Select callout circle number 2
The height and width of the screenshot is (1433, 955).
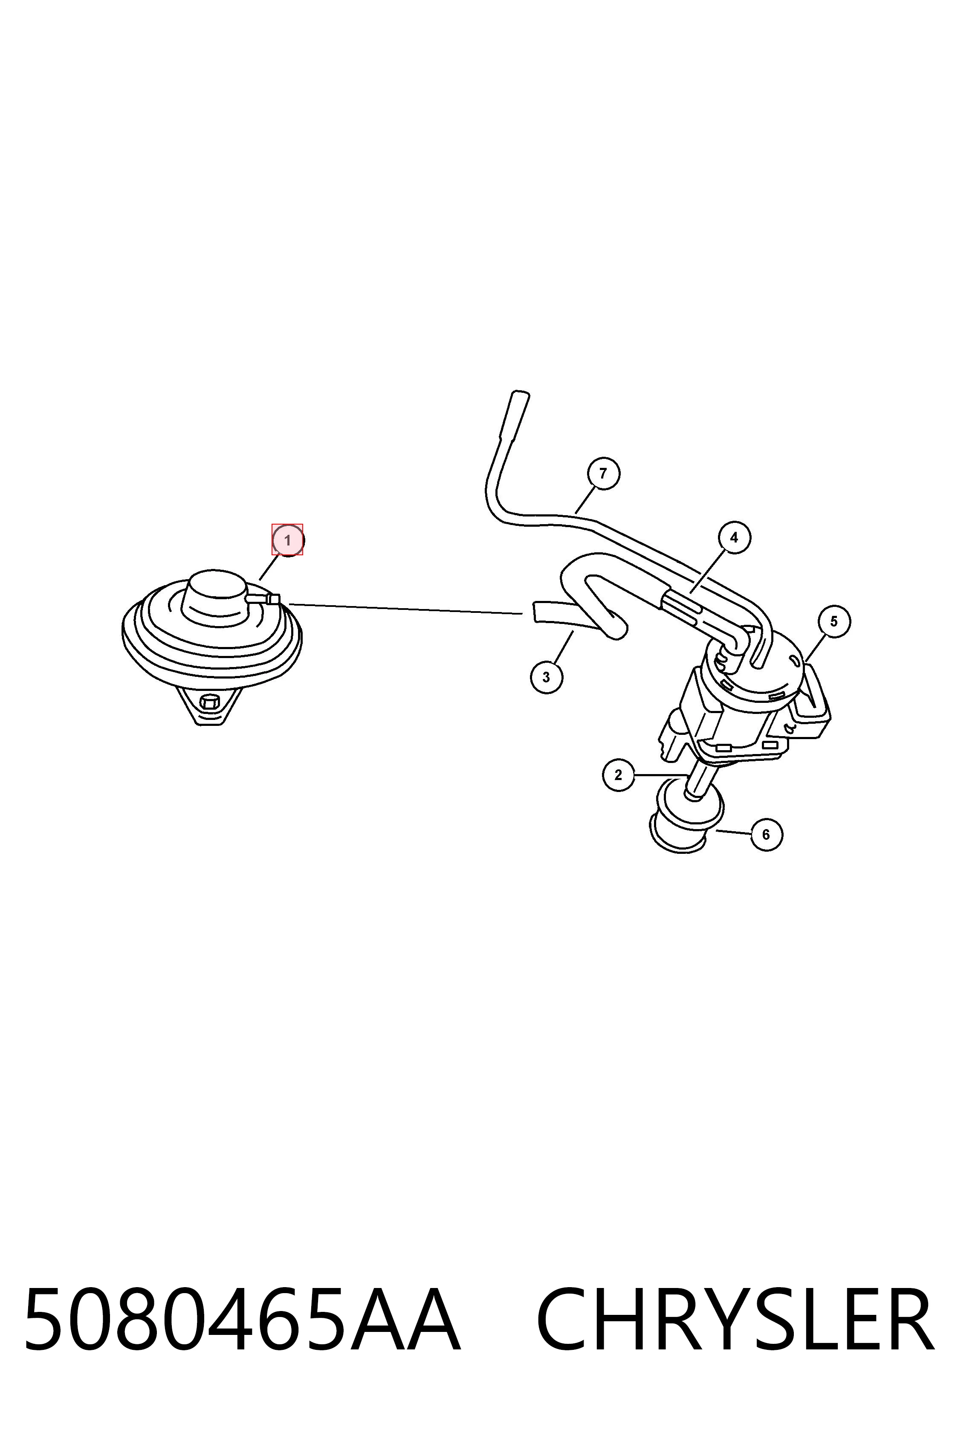[x=618, y=775]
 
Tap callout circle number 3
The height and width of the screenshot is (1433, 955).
[x=546, y=677]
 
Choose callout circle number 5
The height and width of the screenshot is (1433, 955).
[x=834, y=621]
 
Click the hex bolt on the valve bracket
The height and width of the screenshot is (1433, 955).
[x=209, y=702]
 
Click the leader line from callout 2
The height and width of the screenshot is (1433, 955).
[x=661, y=775]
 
